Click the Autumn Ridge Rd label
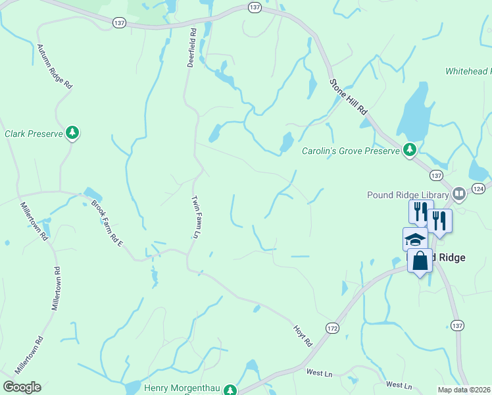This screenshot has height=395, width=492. (x=55, y=67)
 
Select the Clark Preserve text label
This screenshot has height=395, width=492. (x=34, y=134)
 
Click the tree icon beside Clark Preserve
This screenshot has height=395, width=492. (x=72, y=133)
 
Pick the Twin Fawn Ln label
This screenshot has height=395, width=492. (x=195, y=217)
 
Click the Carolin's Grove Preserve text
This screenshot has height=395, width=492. (x=351, y=151)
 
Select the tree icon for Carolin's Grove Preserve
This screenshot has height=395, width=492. (x=410, y=151)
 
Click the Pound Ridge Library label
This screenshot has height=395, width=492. (x=409, y=194)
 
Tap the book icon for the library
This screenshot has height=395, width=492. (x=459, y=194)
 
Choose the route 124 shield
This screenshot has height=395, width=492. (x=480, y=189)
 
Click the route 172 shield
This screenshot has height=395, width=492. (x=332, y=327)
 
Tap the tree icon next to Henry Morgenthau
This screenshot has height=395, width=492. (x=230, y=390)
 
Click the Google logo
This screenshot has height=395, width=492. (x=22, y=387)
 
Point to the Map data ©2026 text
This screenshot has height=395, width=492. (x=464, y=390)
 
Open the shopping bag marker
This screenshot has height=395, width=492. (x=420, y=261)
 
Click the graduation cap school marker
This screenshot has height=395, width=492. (x=414, y=239)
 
